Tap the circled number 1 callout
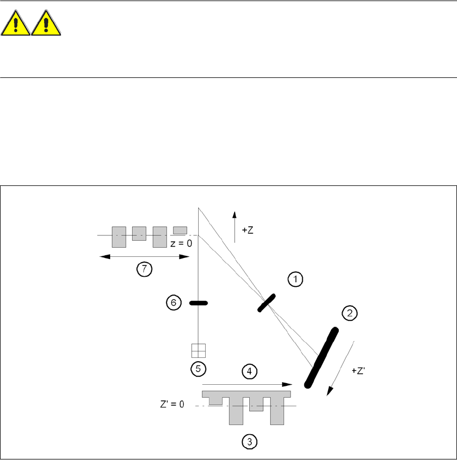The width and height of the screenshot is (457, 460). click(295, 279)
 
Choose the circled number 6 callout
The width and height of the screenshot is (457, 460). click(173, 303)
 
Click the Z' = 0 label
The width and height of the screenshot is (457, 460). click(171, 405)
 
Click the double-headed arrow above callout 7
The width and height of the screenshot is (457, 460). click(145, 257)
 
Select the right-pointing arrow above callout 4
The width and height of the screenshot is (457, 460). click(246, 384)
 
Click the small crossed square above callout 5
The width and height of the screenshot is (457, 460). click(199, 350)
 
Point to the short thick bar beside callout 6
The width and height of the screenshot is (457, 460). click(198, 303)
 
